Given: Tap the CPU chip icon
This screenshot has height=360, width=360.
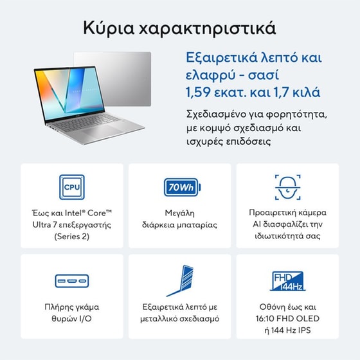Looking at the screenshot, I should [x=72, y=187].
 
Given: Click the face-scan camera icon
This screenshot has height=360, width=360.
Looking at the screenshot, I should [x=288, y=186].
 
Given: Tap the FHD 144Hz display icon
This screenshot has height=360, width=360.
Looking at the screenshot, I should [x=288, y=280].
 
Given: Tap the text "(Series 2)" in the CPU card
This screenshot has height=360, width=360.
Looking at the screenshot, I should [x=71, y=237].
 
